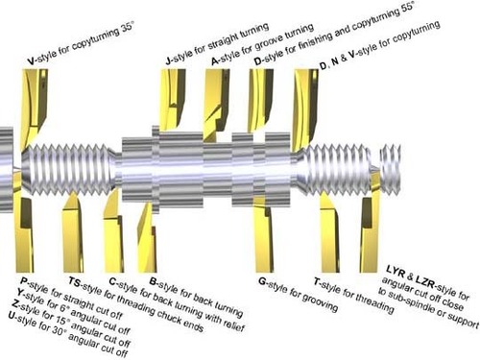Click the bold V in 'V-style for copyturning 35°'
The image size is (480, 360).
point(31,60)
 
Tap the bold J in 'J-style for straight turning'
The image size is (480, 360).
point(169,60)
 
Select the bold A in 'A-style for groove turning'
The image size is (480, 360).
point(215,61)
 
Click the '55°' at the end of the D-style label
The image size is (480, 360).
point(408,7)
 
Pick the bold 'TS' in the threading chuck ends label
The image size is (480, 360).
point(75,282)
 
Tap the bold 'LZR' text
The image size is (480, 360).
point(425,280)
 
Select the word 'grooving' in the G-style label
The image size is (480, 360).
point(320,302)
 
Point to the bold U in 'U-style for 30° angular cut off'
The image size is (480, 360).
point(12,316)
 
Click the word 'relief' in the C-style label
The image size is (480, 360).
point(234,324)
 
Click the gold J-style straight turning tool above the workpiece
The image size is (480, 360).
point(172,99)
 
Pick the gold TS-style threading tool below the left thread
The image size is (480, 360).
point(73,233)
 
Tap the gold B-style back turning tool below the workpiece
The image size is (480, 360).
point(147,238)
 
